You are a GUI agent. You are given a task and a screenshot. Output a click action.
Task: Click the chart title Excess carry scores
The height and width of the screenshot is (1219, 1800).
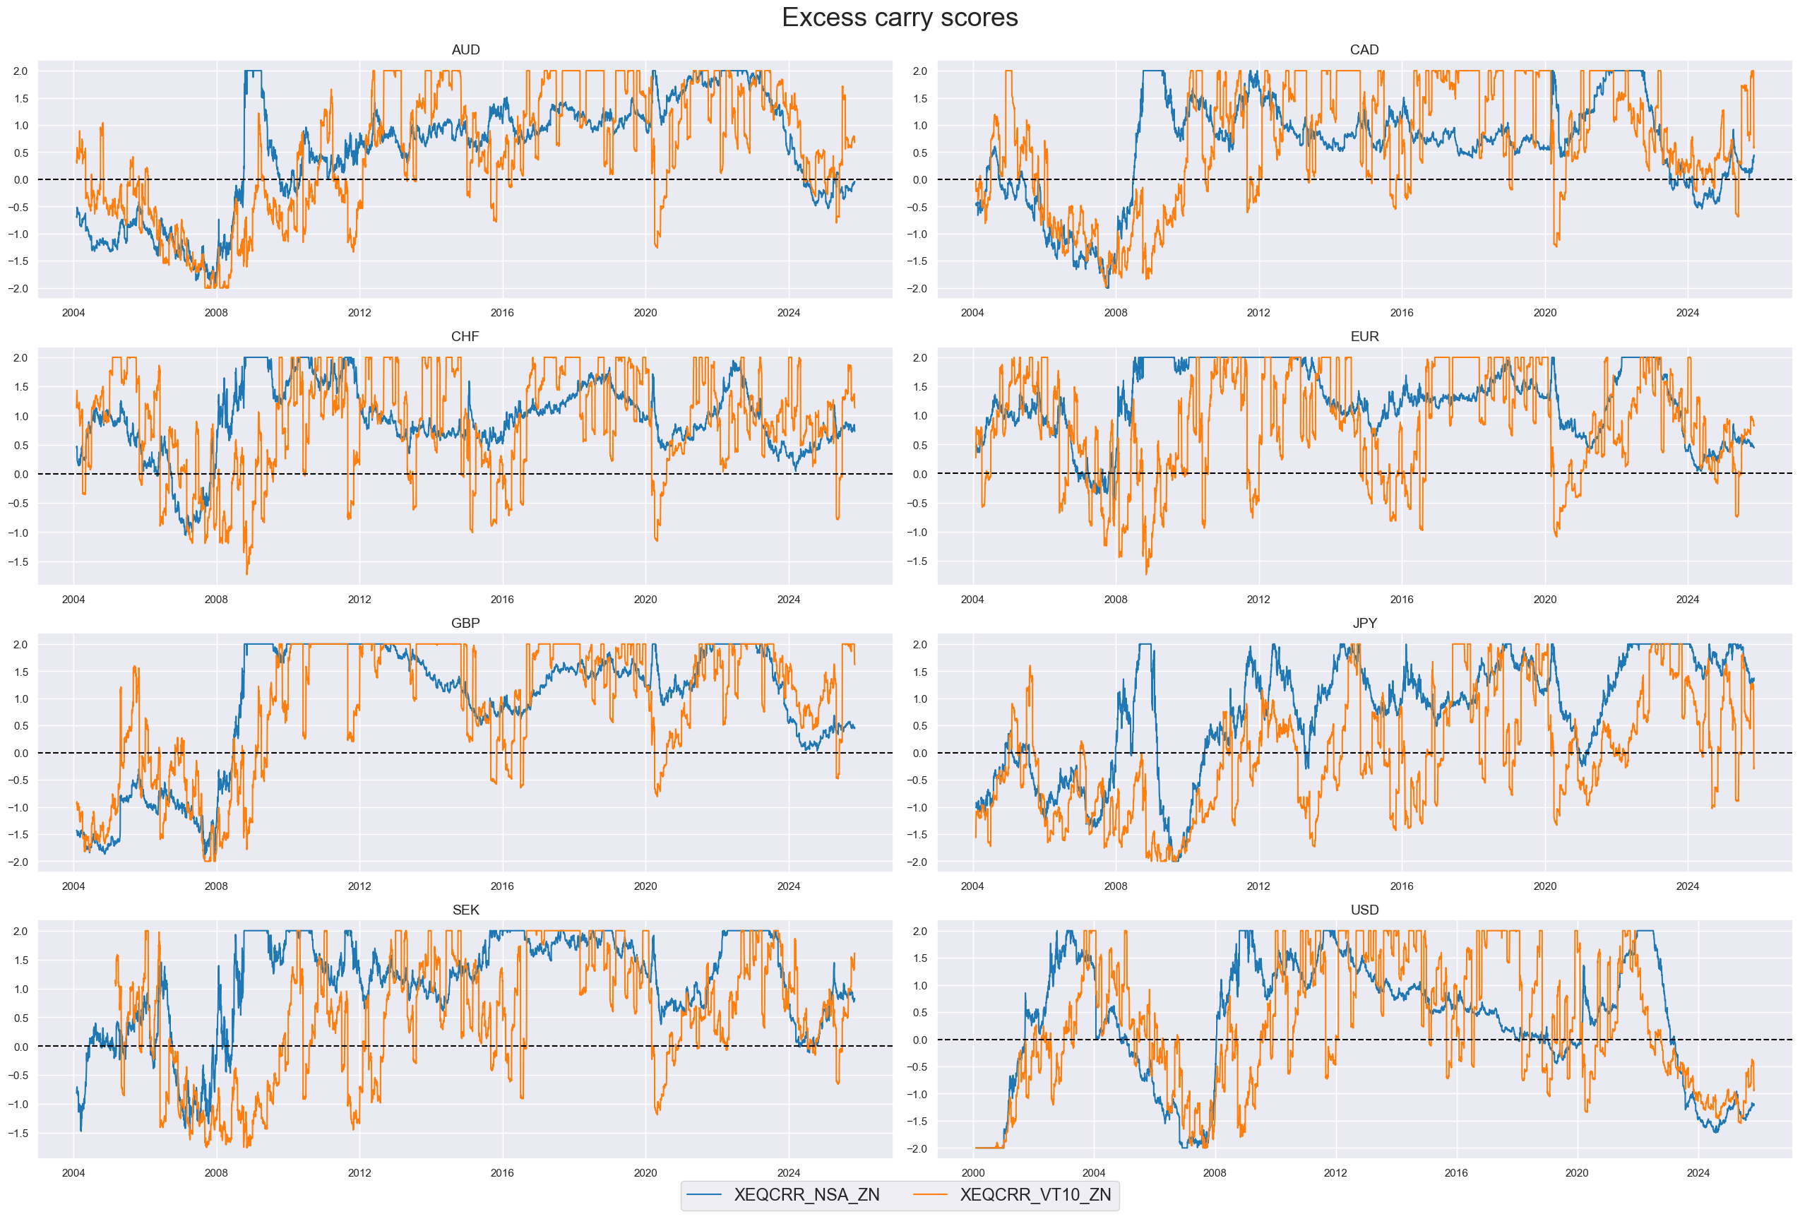(x=899, y=18)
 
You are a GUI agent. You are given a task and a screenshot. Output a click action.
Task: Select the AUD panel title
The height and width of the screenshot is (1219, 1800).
(x=465, y=49)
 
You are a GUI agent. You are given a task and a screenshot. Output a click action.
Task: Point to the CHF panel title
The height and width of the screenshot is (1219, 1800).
(x=465, y=336)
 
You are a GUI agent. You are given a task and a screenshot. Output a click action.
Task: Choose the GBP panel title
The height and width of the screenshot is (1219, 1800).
(x=465, y=624)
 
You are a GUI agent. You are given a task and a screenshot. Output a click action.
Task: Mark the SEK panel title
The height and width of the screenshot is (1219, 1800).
(x=465, y=910)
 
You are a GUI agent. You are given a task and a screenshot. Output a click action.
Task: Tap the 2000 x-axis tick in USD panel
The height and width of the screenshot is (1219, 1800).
(x=973, y=1173)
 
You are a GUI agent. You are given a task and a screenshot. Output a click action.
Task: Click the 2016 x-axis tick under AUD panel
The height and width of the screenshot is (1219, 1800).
(x=502, y=313)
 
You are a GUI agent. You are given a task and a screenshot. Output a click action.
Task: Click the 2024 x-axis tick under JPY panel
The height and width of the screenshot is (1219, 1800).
(x=1688, y=886)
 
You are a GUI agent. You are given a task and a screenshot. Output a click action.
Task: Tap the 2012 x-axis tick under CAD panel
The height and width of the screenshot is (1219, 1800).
(x=1258, y=313)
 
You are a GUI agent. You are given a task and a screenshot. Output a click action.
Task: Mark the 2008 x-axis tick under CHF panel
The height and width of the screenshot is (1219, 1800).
(x=216, y=600)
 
